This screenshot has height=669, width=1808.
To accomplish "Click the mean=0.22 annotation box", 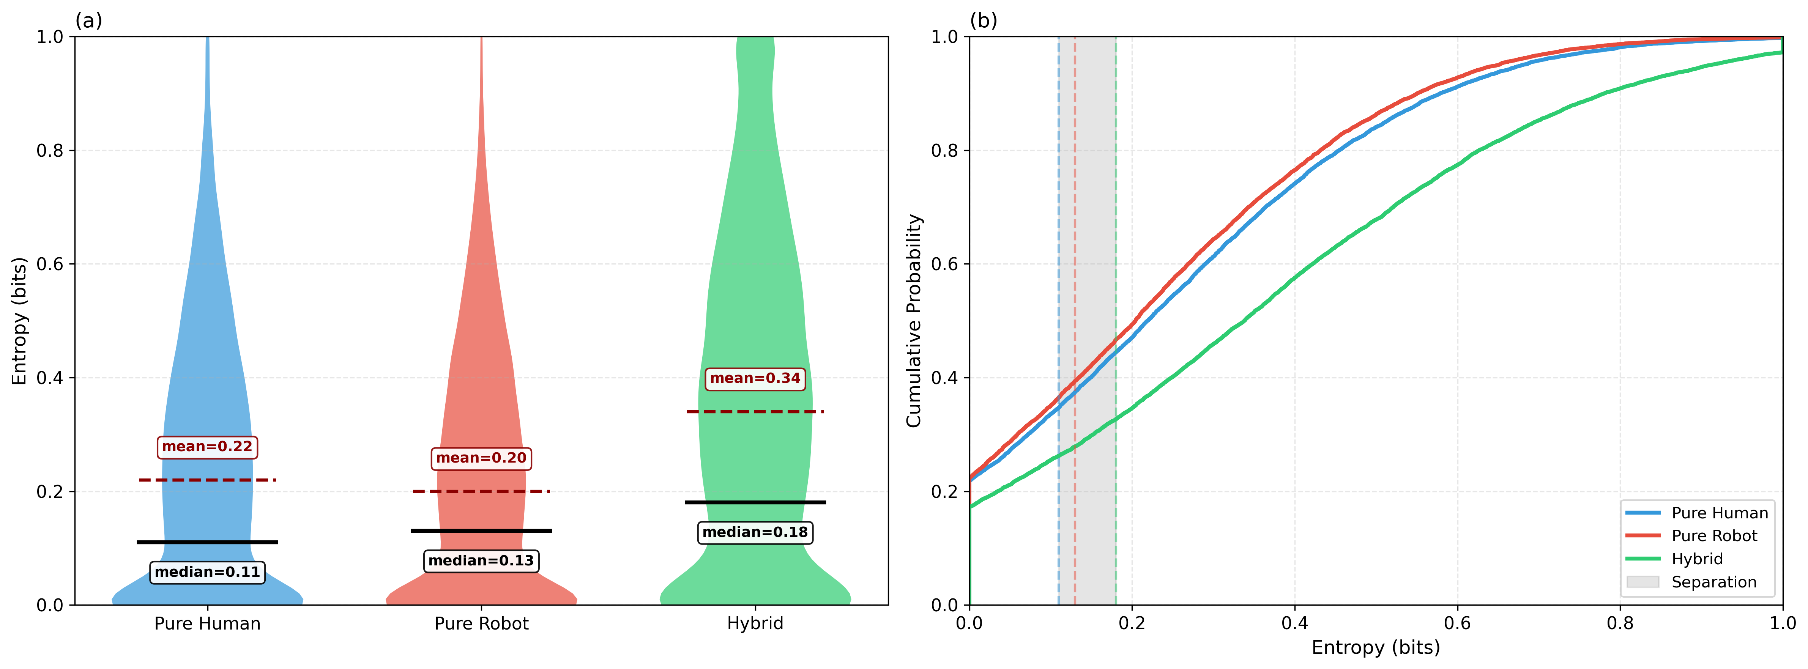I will point(207,447).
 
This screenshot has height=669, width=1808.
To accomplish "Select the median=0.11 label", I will point(207,572).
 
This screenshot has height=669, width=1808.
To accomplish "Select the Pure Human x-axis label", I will point(207,623).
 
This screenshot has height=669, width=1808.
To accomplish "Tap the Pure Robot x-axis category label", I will point(481,623).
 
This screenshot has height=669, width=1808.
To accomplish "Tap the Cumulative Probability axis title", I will point(913,321).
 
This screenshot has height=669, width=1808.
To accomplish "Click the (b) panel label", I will point(983,20).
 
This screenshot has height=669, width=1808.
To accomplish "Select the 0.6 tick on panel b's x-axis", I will point(1457,623).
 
